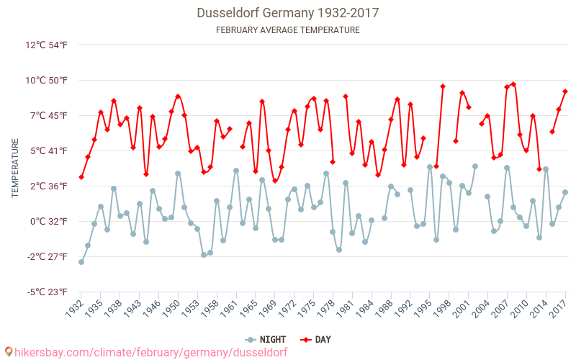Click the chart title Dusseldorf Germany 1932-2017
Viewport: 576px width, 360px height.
(x=287, y=13)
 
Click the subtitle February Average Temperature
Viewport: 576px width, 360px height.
(x=287, y=30)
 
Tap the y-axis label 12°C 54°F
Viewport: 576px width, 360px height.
(x=46, y=45)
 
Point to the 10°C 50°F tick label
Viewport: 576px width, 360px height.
(x=46, y=80)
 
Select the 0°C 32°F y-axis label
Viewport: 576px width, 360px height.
(x=48, y=221)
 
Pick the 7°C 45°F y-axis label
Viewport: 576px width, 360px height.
(x=48, y=115)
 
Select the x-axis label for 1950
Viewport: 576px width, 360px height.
(x=172, y=309)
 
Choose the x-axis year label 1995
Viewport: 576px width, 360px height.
(x=424, y=309)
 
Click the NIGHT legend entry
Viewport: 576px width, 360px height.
(x=266, y=339)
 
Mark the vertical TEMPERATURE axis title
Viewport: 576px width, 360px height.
(x=15, y=168)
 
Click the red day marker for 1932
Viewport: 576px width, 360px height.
(x=81, y=177)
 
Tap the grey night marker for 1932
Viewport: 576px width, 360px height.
(x=81, y=262)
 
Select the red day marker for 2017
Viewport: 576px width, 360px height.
(x=565, y=91)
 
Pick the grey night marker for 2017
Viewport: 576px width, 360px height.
(x=565, y=192)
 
